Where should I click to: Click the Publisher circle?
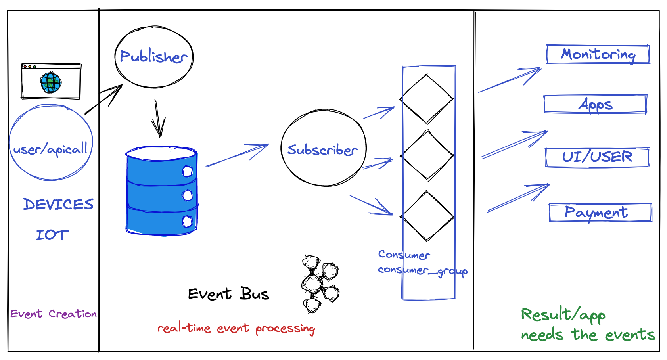[154, 57]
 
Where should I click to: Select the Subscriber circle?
[323, 149]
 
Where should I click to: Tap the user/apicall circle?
[51, 143]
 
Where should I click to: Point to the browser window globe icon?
[51, 82]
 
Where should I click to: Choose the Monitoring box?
[598, 54]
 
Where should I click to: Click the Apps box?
[595, 104]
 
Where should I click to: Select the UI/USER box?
[597, 157]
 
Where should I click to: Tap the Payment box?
[600, 213]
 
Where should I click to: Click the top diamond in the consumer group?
[427, 99]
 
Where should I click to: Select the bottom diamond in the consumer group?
[427, 216]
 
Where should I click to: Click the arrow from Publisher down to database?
[158, 119]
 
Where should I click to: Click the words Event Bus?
[228, 294]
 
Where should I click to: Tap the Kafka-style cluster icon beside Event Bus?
[320, 283]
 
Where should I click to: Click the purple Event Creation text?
[53, 314]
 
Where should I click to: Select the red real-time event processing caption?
[236, 328]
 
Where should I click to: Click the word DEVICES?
[58, 204]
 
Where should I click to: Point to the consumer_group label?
[422, 271]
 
